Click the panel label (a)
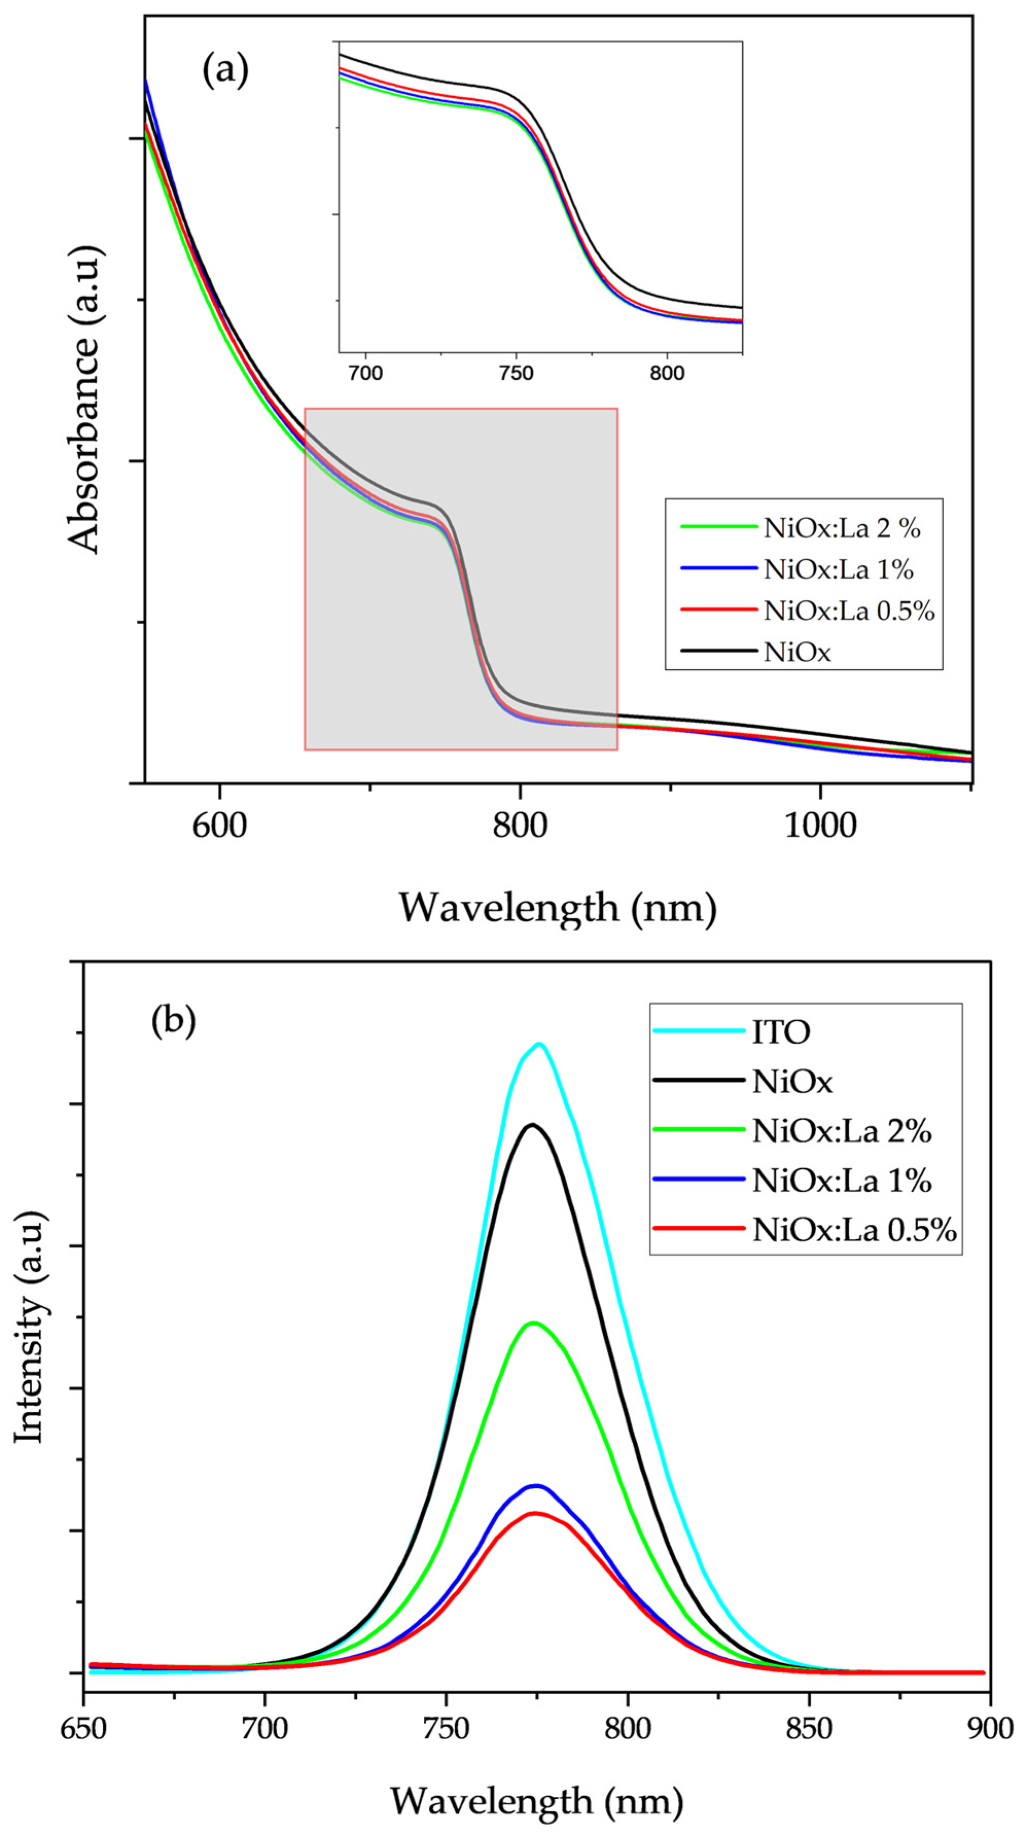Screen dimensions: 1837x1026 [x=225, y=72]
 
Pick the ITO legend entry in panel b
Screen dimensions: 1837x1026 [x=781, y=1032]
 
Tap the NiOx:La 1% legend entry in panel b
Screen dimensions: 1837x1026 [x=841, y=1182]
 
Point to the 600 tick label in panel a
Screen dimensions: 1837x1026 [x=220, y=826]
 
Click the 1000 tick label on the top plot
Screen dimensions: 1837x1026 [x=820, y=826]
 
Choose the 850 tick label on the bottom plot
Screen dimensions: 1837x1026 [x=808, y=1728]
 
